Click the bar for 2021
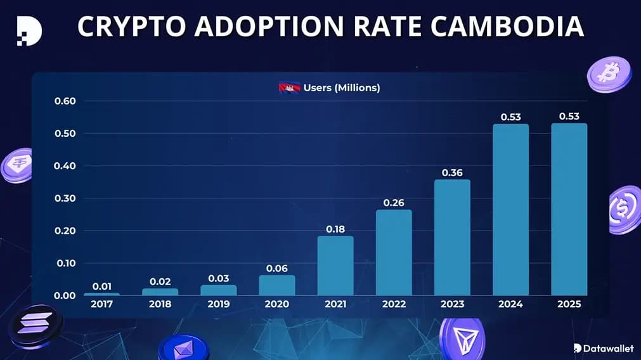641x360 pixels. (335, 266)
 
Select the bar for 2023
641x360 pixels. (452, 237)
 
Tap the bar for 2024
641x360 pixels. (510, 209)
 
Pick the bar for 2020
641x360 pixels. (277, 285)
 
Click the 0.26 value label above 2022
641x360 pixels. (394, 203)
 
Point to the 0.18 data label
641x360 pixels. (335, 229)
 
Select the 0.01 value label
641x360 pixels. (102, 286)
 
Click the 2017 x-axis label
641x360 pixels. (102, 304)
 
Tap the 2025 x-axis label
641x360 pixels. (569, 304)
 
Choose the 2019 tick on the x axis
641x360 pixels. (219, 304)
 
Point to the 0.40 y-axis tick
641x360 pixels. (65, 166)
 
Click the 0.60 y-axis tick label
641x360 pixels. (65, 101)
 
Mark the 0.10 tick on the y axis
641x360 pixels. (65, 263)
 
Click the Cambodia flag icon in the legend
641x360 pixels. (289, 88)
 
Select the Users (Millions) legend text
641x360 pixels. (342, 88)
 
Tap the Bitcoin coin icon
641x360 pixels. (609, 74)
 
